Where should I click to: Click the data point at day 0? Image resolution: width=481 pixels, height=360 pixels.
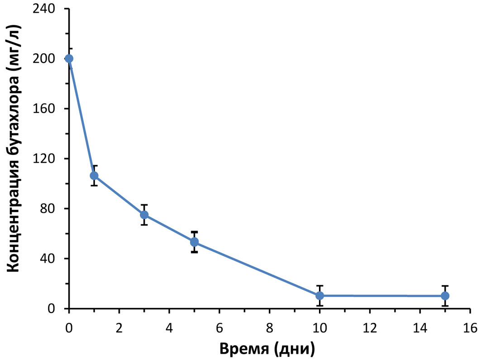[69, 58]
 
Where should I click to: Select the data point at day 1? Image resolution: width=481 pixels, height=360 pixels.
[94, 176]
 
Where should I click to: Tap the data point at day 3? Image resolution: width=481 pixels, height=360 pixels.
[144, 215]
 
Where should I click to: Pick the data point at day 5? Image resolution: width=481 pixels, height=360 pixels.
[194, 242]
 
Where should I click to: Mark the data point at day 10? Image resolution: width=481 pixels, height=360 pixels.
[319, 296]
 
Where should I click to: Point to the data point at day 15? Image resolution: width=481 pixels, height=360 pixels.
[445, 296]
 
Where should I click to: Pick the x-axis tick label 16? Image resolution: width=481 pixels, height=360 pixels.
[470, 327]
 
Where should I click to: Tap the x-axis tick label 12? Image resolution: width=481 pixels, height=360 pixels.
[370, 327]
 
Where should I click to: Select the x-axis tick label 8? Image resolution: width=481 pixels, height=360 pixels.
[270, 327]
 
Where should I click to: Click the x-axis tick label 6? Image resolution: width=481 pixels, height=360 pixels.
[219, 327]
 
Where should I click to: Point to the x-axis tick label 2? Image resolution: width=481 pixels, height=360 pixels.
[119, 327]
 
